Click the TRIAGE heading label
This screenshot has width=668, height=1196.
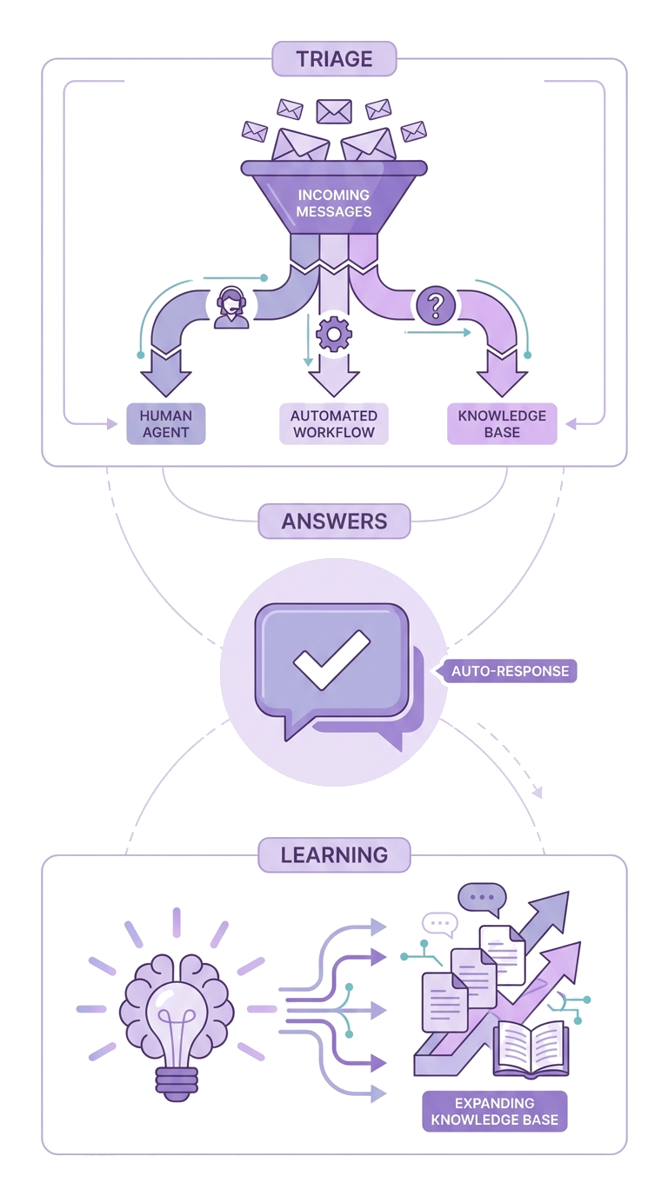pyautogui.click(x=334, y=59)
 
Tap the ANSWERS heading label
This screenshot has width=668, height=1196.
pyautogui.click(x=334, y=522)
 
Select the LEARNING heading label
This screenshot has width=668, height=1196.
pyautogui.click(x=334, y=854)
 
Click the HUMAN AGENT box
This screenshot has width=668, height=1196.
pyautogui.click(x=165, y=423)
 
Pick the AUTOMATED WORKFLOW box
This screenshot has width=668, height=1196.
pyautogui.click(x=334, y=423)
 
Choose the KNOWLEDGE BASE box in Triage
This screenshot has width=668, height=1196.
pyautogui.click(x=502, y=423)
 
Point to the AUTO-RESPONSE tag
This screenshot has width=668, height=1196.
pyautogui.click(x=511, y=671)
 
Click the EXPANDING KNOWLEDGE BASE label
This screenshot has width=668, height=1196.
pyautogui.click(x=494, y=1111)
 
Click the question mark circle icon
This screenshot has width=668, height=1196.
pyautogui.click(x=437, y=305)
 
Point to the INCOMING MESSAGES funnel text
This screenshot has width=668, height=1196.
pyautogui.click(x=334, y=203)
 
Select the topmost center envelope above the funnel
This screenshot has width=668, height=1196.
pyautogui.click(x=332, y=110)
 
